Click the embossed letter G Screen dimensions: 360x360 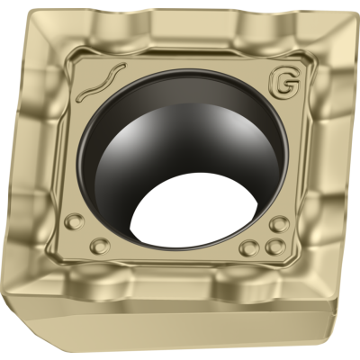285,83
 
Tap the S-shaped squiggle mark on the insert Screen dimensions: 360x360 101,81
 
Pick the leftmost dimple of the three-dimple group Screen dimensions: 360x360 250,247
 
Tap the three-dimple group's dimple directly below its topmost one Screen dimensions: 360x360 274,247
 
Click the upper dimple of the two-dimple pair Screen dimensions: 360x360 75,221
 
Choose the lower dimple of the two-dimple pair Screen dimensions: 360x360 100,247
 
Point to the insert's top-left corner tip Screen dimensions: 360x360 30,12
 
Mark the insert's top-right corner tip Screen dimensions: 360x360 357,13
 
